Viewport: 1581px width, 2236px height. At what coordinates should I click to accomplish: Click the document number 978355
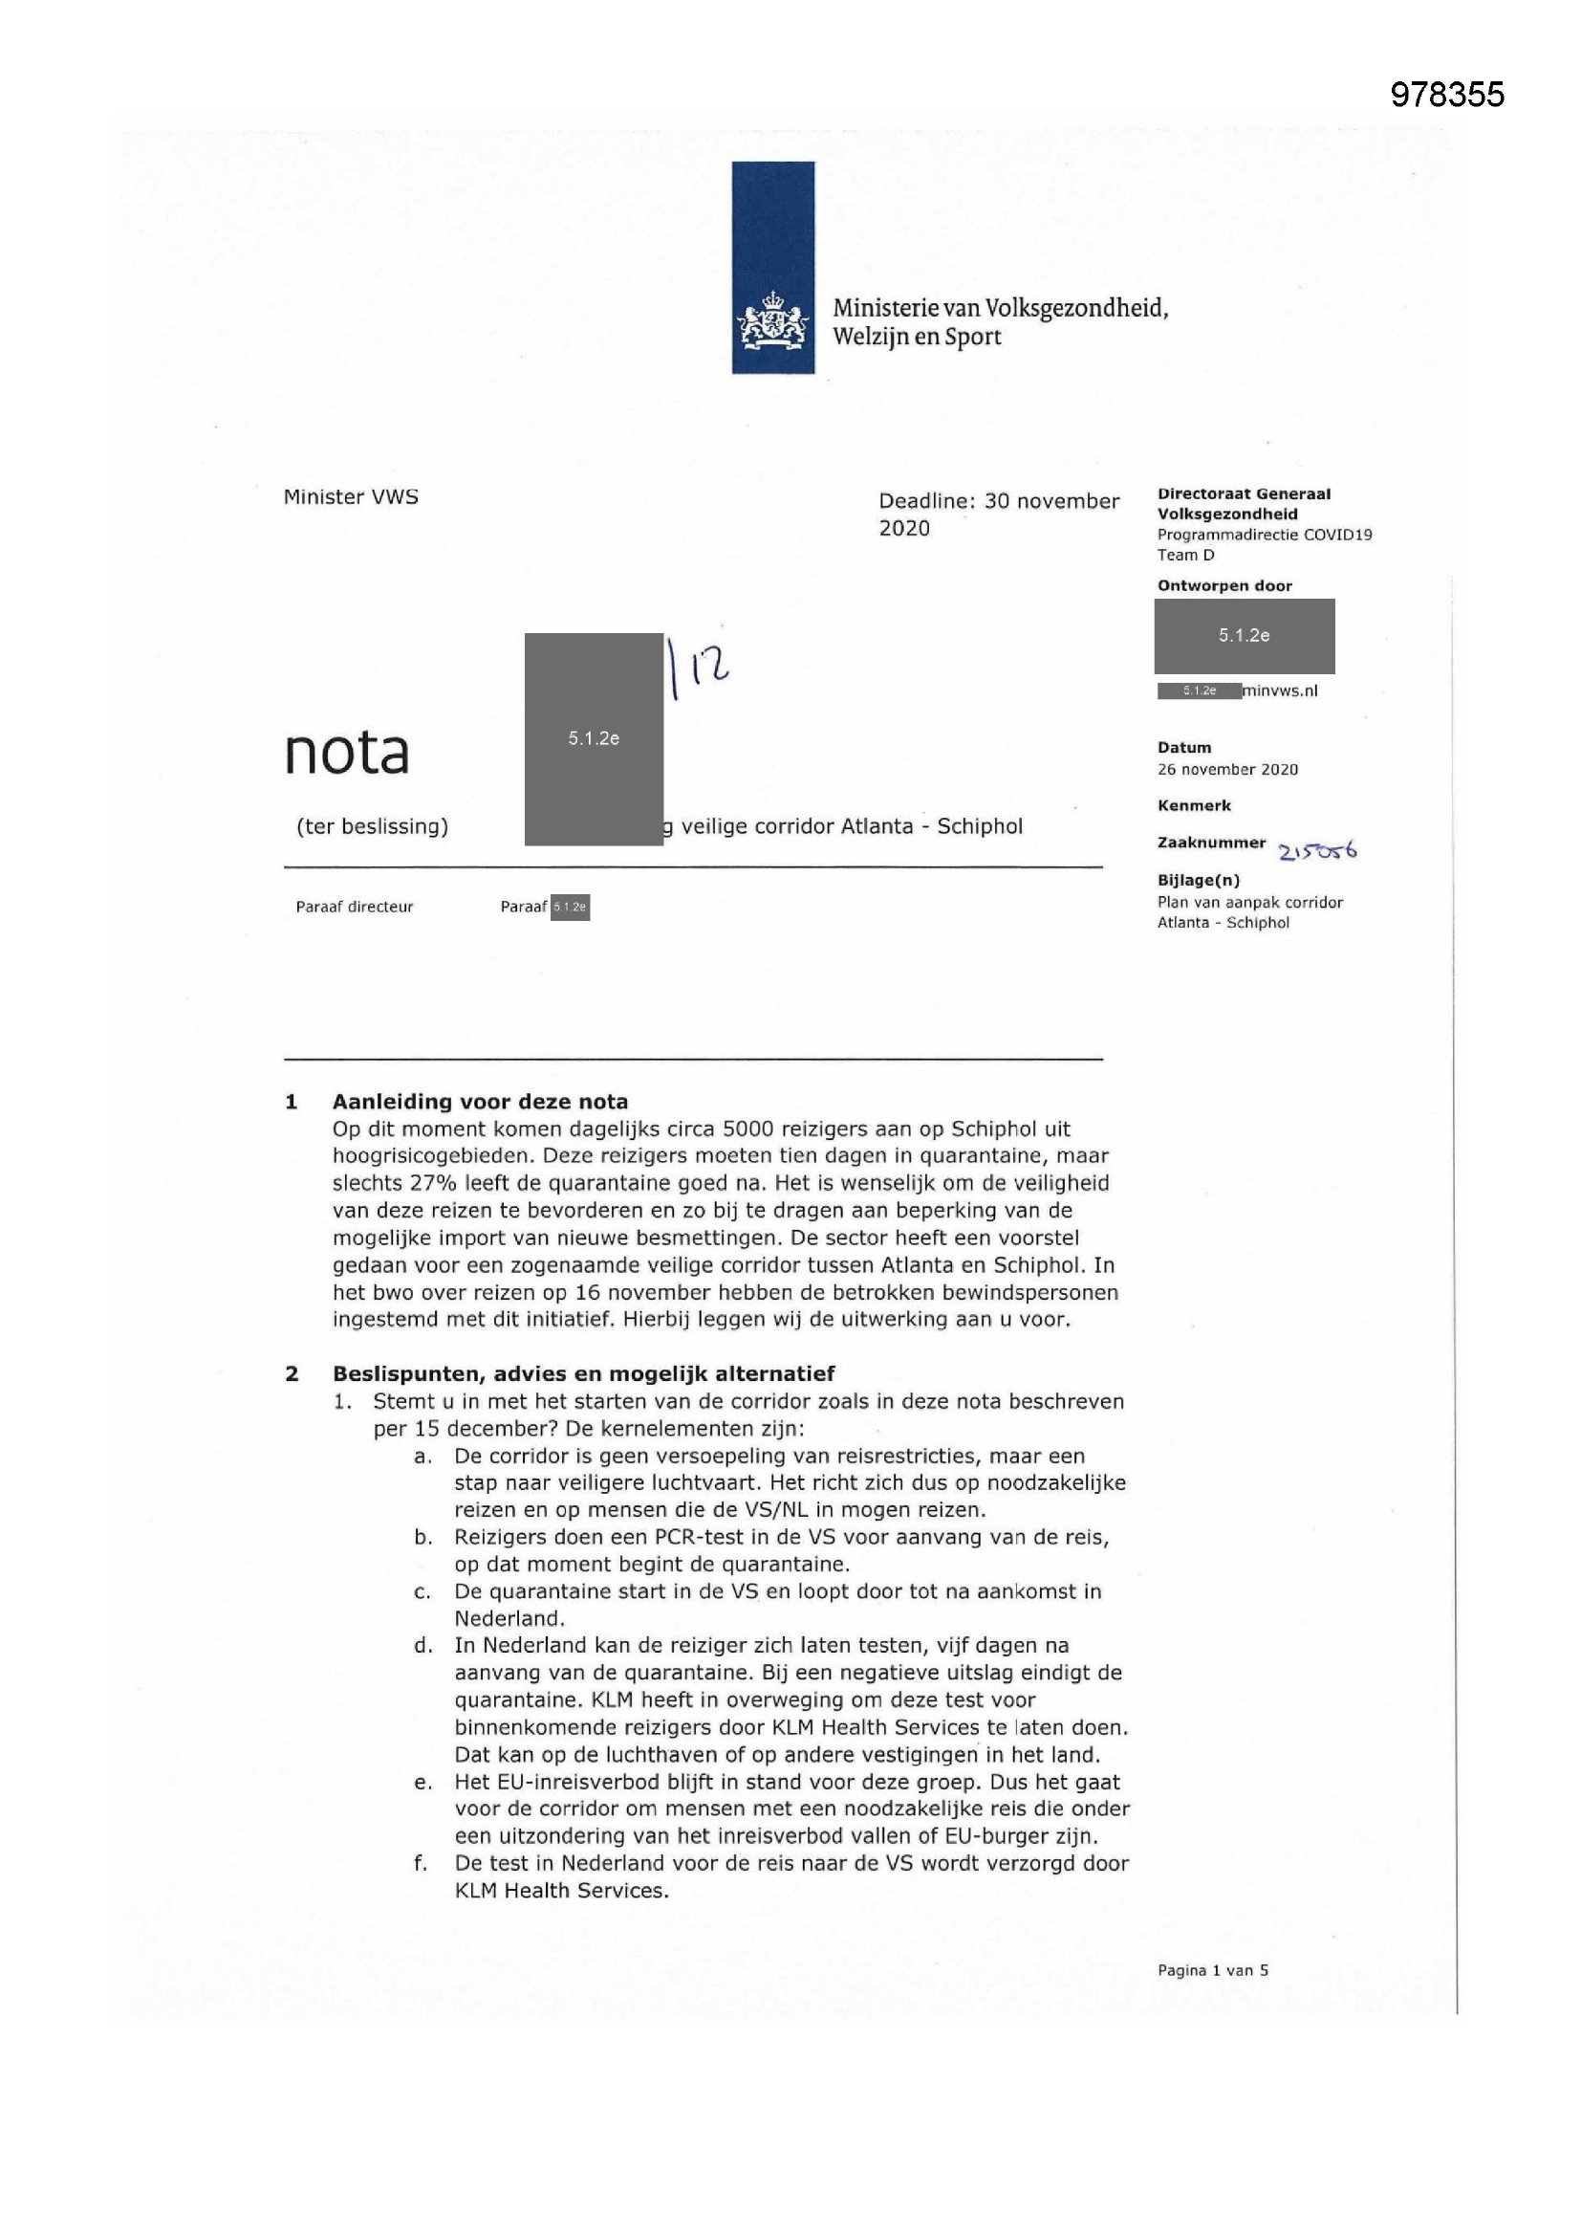pos(1446,95)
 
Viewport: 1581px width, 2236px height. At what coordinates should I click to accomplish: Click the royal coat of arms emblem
pos(773,323)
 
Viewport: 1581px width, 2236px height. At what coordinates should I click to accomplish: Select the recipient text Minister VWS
pos(351,496)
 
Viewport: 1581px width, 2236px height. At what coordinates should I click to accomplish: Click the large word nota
pos(347,753)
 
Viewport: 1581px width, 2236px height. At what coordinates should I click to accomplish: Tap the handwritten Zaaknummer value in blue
pos(1317,851)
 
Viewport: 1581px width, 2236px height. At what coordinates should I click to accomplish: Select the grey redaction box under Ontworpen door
pos(1244,636)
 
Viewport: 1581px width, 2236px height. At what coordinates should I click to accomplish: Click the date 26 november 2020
pos(1226,769)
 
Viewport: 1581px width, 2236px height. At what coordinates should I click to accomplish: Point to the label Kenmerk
pos(1194,805)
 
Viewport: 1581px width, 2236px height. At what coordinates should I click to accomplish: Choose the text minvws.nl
pos(1280,691)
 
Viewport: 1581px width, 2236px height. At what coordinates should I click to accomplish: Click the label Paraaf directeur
pos(355,907)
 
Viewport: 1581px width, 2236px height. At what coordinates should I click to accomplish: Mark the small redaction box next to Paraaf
pos(570,907)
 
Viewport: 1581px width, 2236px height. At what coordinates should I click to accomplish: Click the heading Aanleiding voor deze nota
pos(480,1102)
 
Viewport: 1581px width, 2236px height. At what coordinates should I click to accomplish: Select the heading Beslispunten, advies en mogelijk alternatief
pos(583,1373)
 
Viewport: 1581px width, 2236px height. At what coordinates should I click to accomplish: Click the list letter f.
pos(421,1863)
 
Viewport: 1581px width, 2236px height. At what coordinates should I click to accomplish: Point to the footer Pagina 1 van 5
pos(1212,1970)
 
